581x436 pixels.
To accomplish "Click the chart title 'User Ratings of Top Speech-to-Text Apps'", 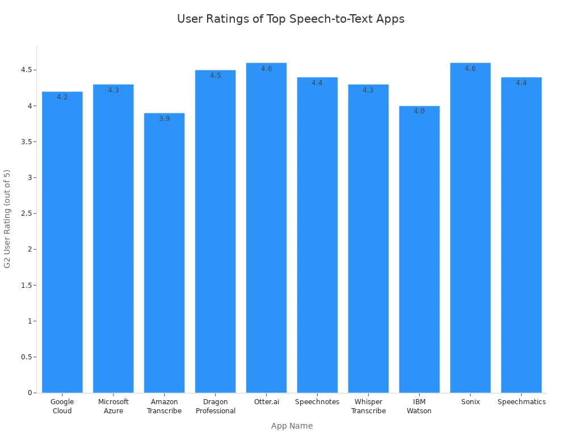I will coord(290,19).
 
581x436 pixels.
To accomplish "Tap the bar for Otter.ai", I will coord(266,227).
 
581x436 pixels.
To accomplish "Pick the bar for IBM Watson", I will coord(419,250).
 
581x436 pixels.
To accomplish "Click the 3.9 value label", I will coord(164,119).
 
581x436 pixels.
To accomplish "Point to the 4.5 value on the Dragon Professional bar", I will coord(215,76).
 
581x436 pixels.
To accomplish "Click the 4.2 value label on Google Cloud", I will coord(62,97).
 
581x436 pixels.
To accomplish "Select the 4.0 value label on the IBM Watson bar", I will coord(419,111).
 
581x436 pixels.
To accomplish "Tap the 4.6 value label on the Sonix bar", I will coord(470,69).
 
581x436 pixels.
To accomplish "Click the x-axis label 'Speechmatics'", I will coord(521,402).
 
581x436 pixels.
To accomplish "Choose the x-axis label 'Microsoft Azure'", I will coord(113,406).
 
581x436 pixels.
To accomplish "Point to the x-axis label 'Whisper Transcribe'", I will coord(368,406).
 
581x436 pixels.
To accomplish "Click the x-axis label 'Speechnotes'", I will coord(317,402).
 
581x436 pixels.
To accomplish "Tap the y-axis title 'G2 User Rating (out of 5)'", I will coord(7,219).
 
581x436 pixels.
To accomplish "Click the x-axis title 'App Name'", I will coord(292,426).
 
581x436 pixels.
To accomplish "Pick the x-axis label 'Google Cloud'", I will coord(62,406).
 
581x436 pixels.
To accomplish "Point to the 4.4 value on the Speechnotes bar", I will coord(317,83).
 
